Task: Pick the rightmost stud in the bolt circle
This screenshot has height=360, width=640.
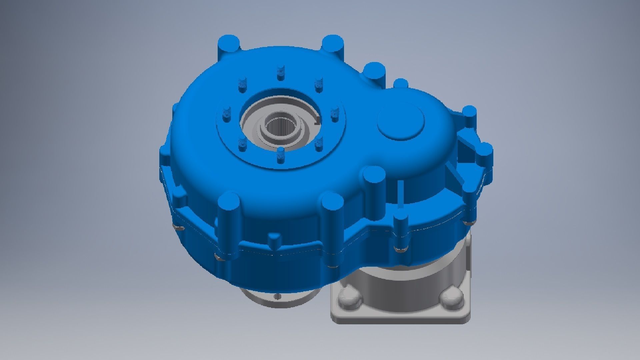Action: coord(335,113)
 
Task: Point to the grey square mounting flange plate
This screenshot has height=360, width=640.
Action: coord(400,313)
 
